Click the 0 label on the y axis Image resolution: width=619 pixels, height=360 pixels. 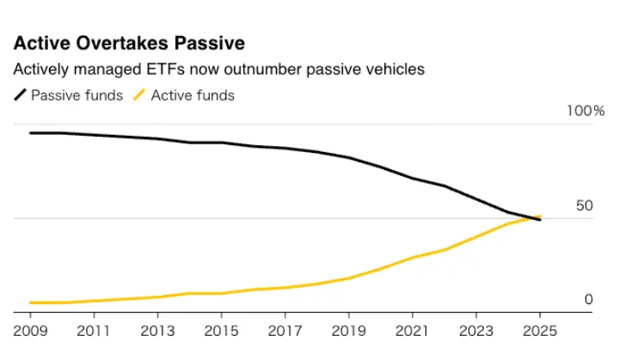click(589, 299)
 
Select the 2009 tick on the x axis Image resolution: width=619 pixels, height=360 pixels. click(30, 330)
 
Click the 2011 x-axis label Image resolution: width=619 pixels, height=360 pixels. click(95, 330)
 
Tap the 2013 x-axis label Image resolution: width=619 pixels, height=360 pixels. click(158, 330)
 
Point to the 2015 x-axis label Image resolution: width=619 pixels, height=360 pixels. click(222, 330)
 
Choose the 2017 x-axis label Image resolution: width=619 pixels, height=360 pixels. click(285, 330)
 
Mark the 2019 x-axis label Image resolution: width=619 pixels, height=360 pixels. click(349, 330)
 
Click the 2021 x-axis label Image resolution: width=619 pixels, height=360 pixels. click(413, 330)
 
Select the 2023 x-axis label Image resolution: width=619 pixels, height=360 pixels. click(476, 330)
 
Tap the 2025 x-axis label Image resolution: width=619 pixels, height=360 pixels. click(540, 330)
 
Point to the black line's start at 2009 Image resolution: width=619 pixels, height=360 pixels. click(30, 133)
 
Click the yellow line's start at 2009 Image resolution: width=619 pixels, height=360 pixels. click(30, 302)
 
